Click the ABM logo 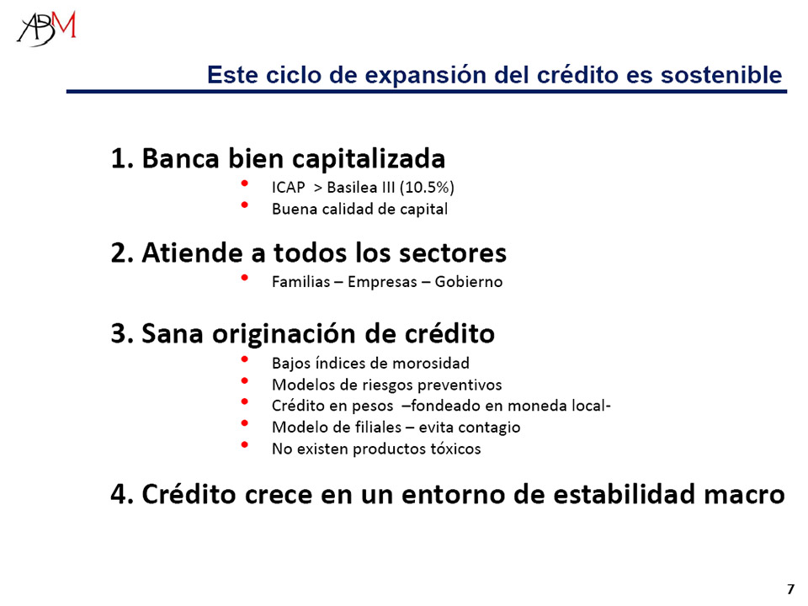pyautogui.click(x=46, y=29)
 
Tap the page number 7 pyautogui.click(x=790, y=589)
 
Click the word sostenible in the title pyautogui.click(x=721, y=75)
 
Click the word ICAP pyautogui.click(x=288, y=187)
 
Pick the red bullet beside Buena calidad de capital pyautogui.click(x=244, y=205)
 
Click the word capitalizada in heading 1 pyautogui.click(x=368, y=159)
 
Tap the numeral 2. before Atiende pyautogui.click(x=122, y=253)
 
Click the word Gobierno pyautogui.click(x=469, y=282)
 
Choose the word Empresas pyautogui.click(x=382, y=283)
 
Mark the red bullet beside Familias pyautogui.click(x=244, y=278)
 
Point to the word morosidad pyautogui.click(x=431, y=364)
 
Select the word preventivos pyautogui.click(x=460, y=385)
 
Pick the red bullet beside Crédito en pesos pyautogui.click(x=244, y=401)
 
